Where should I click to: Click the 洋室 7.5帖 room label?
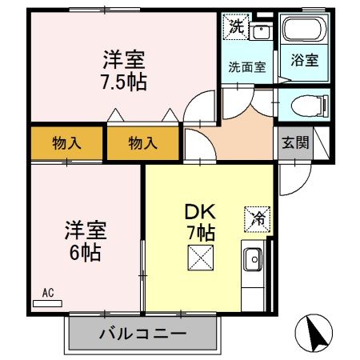tap(124, 70)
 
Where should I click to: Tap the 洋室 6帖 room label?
tap(83, 241)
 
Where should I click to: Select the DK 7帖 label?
tap(200, 222)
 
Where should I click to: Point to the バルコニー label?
tap(143, 333)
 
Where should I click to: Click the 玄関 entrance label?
tap(294, 143)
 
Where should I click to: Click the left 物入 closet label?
tap(68, 144)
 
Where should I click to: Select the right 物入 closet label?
tap(143, 144)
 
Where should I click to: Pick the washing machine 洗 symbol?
tap(237, 26)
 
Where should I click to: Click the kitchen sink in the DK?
tap(253, 260)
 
